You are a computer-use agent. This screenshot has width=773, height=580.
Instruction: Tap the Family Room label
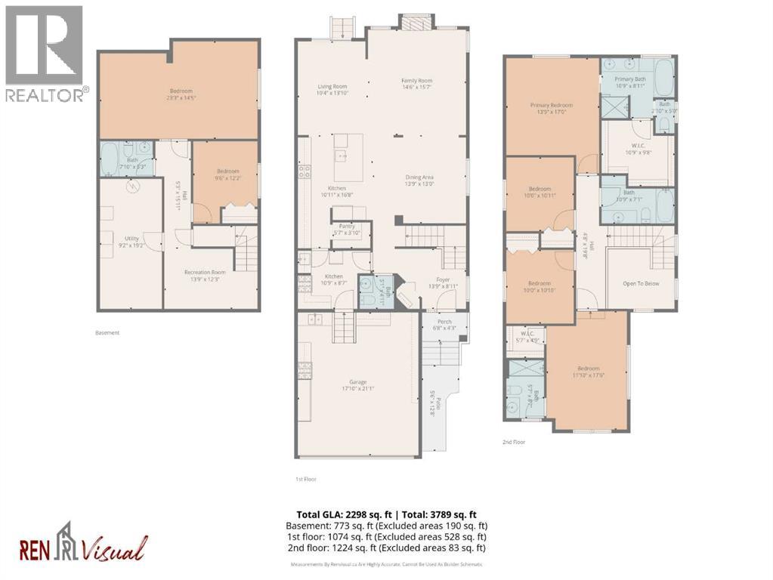click(x=416, y=82)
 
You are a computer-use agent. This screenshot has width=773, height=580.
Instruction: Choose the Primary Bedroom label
click(x=551, y=106)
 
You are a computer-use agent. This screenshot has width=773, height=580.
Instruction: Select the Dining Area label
click(x=420, y=177)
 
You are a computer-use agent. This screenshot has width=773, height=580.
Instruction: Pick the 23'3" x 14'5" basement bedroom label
click(x=180, y=91)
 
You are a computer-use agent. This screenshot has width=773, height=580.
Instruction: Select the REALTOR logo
click(x=45, y=53)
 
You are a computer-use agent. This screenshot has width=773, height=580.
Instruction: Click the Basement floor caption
click(x=107, y=332)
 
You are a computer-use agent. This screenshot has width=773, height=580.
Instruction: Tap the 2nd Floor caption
click(x=514, y=442)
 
